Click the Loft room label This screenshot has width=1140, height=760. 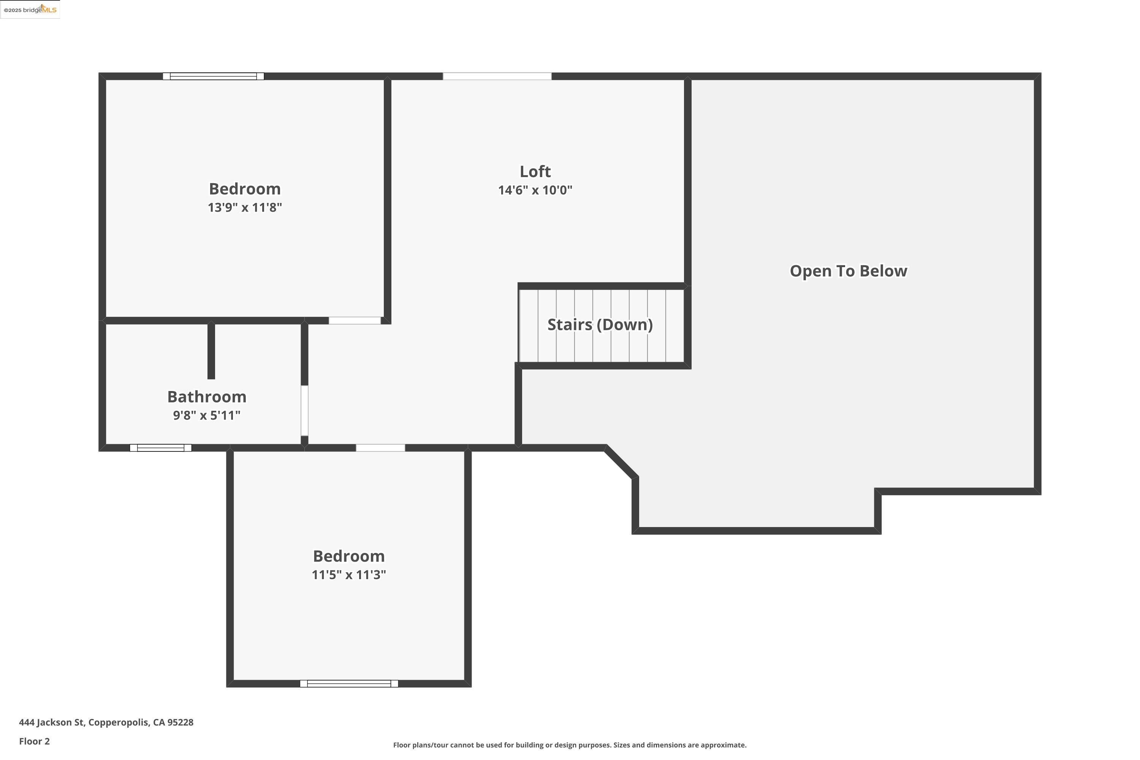point(535,172)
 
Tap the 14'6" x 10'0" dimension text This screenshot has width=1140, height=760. point(535,190)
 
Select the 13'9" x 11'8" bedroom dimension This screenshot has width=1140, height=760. point(245,207)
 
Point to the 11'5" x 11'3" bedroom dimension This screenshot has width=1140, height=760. point(348,575)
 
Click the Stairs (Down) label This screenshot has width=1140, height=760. point(600,325)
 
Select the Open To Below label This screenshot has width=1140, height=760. point(848,271)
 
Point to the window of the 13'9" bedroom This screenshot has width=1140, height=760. point(213,76)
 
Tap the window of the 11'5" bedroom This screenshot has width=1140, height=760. point(349,683)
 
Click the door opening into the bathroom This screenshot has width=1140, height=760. point(304,410)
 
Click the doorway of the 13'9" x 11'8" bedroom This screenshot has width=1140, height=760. point(355,320)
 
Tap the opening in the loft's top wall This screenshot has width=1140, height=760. point(497,76)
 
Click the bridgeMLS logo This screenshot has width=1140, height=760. point(30,10)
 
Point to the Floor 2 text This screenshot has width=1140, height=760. point(35,741)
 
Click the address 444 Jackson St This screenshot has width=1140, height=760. point(106,722)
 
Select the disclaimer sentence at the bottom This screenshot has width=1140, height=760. point(570,745)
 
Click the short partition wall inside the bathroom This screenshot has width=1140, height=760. point(211,350)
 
